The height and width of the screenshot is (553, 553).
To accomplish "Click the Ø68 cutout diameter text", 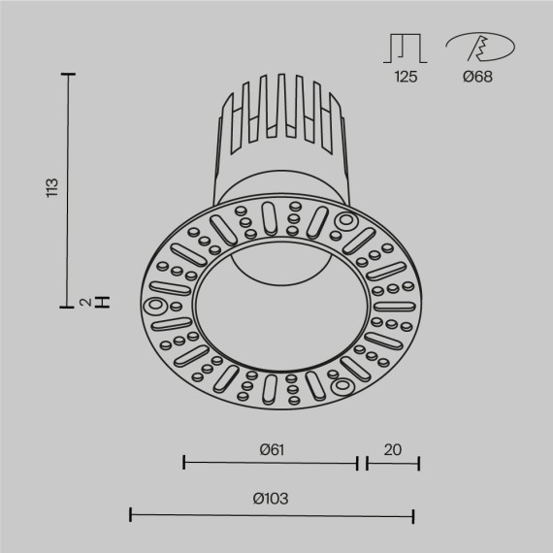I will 477,77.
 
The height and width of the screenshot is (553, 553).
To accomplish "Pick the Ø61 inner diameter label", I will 271,449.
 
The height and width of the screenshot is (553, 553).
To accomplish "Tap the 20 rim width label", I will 392,449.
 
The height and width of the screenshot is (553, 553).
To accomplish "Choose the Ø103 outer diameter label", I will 271,499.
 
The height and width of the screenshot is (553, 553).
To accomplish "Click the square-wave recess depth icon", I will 406,47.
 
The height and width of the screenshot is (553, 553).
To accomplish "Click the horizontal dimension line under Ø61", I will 271,464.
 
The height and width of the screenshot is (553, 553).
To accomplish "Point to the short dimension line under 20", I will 393,464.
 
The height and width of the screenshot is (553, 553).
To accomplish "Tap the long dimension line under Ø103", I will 273,513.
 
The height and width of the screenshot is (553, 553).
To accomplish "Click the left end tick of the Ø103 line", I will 131,513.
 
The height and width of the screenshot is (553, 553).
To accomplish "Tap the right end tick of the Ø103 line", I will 414,513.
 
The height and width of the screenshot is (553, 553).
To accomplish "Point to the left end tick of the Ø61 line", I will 184,464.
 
